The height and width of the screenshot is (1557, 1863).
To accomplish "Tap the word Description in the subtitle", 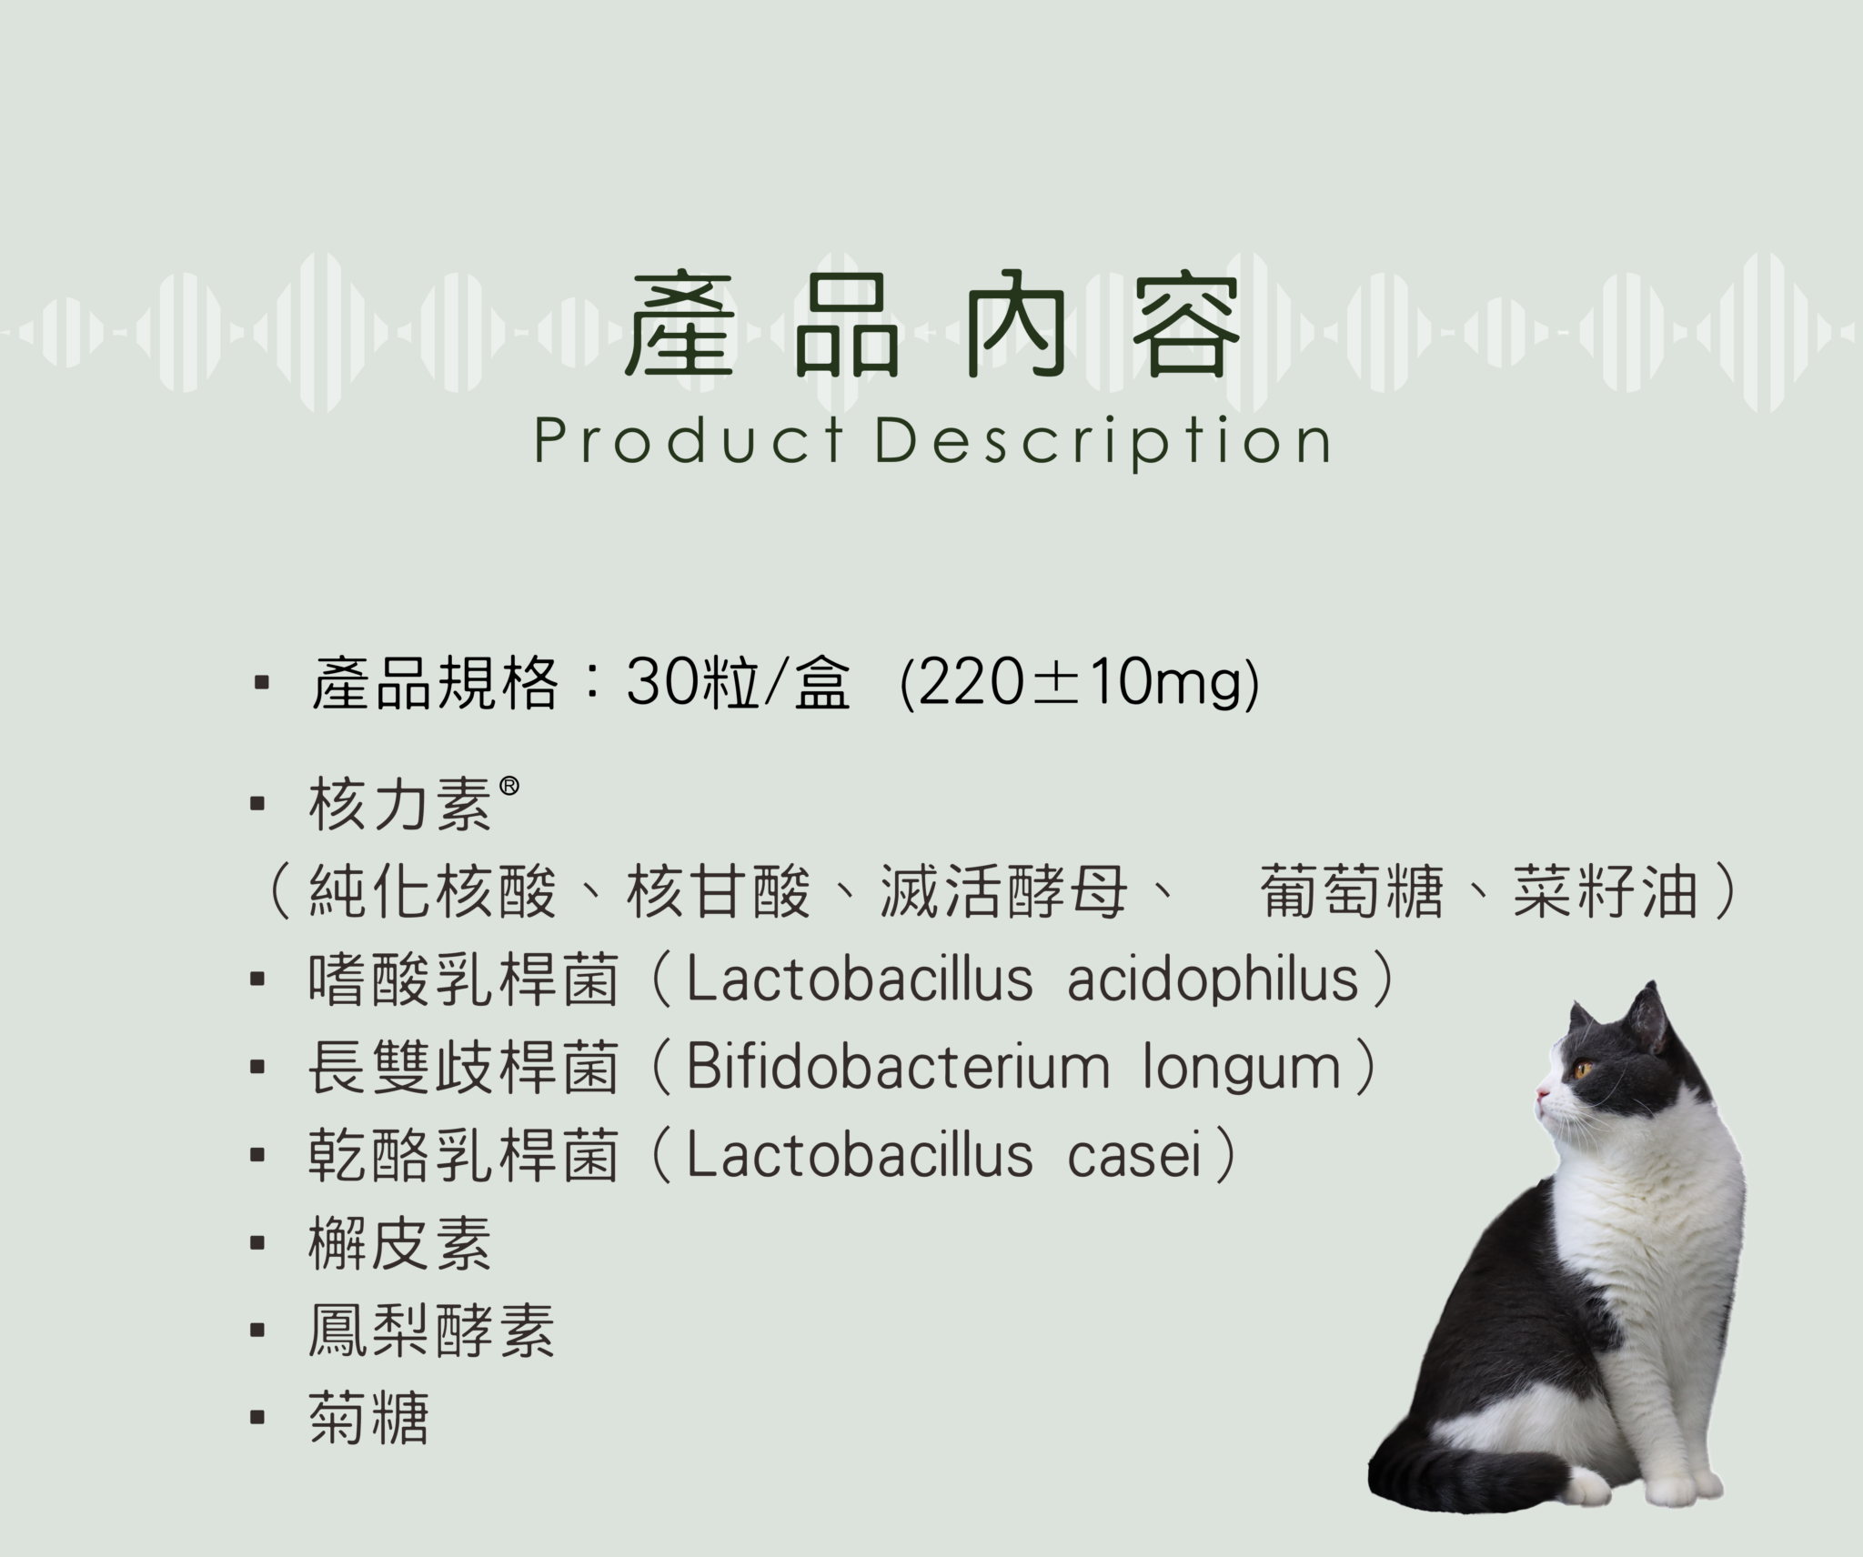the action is click(1103, 443).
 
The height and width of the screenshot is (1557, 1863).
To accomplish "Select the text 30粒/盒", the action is click(738, 682).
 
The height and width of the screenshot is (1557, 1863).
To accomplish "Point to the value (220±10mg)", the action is click(1080, 684).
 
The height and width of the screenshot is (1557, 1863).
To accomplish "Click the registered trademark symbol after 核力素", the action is click(509, 785).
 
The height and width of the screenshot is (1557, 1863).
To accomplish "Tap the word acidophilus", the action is click(1213, 979).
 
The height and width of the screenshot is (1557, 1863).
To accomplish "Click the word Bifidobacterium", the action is click(898, 1067).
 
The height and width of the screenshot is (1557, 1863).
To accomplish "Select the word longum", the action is click(1242, 1070).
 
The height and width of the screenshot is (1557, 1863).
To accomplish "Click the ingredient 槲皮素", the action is click(400, 1243).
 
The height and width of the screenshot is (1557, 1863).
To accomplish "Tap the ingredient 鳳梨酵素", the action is click(431, 1331).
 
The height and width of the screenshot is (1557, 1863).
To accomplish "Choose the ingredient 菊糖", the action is click(368, 1418).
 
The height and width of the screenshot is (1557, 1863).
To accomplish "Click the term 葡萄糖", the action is click(1353, 891).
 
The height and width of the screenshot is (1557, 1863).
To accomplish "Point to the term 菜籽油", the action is click(1606, 891).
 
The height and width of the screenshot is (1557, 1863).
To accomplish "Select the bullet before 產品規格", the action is click(262, 682).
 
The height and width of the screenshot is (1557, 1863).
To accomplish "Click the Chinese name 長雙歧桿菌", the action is click(464, 1067).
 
